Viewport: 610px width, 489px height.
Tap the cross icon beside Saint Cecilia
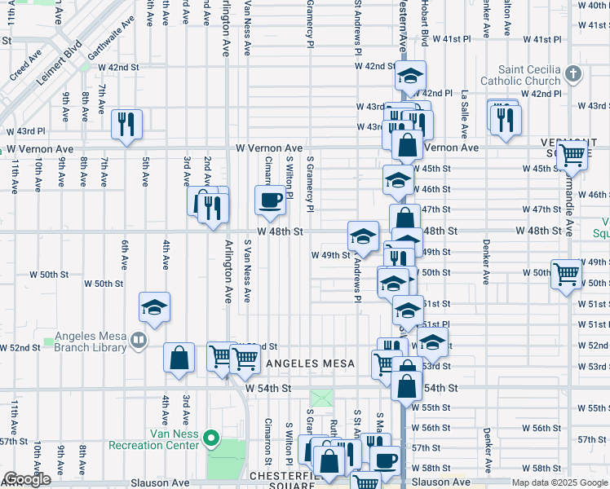(573, 75)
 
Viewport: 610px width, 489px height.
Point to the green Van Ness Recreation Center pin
(211, 439)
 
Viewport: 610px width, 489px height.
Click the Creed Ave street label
(26, 68)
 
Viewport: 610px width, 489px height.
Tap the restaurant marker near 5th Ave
(126, 124)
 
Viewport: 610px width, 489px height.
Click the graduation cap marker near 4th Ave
(154, 307)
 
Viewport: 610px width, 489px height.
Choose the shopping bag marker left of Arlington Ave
(179, 357)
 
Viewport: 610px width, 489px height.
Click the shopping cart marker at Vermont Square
(573, 153)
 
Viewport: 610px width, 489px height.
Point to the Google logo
(26, 480)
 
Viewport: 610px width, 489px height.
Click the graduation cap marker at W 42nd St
(410, 77)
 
